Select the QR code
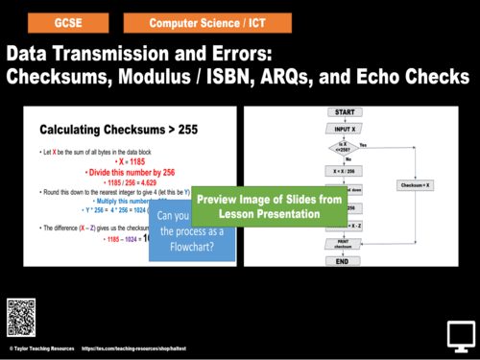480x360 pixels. [23, 316]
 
